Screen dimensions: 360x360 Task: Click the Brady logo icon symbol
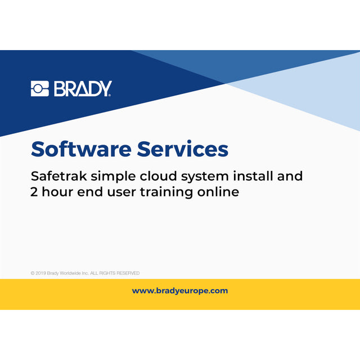pyautogui.click(x=40, y=89)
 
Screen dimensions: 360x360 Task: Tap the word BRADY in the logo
pyautogui.click(x=83, y=89)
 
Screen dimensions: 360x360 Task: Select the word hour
pyautogui.click(x=57, y=192)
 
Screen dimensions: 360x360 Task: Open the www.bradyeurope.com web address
pyautogui.click(x=180, y=291)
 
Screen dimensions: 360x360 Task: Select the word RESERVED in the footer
pyautogui.click(x=128, y=273)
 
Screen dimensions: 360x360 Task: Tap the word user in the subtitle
pyautogui.click(x=118, y=192)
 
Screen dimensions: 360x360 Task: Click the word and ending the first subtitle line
pyautogui.click(x=291, y=176)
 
